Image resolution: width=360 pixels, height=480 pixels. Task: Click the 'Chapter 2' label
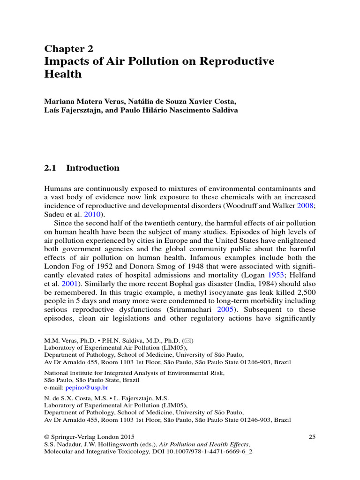[x=68, y=49]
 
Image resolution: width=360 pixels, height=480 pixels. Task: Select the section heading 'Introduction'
[x=93, y=168]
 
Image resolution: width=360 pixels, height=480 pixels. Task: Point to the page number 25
[x=312, y=436]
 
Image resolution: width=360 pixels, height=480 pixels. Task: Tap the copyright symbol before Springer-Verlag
[x=46, y=437]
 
